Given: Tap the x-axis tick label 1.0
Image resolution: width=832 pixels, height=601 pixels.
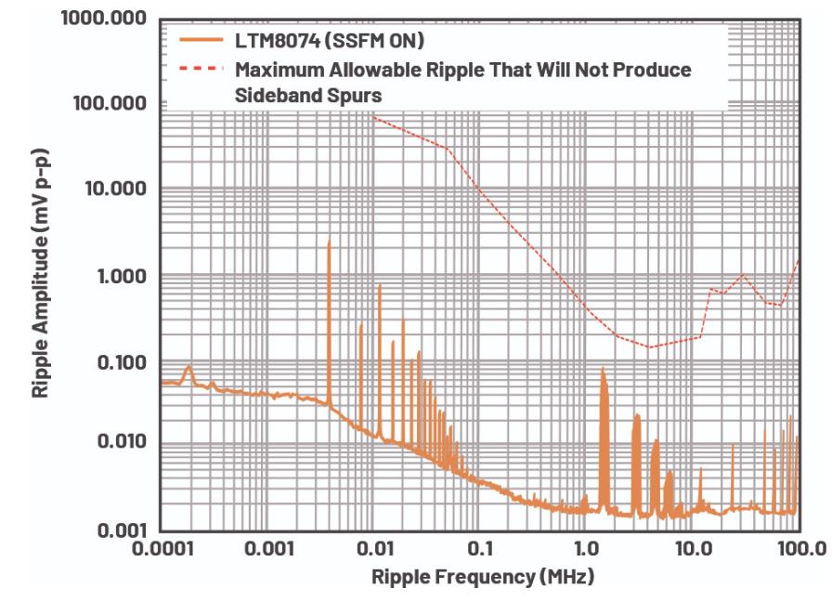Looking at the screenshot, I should point(585,545).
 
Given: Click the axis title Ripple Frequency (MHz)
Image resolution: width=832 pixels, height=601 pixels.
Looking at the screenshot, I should point(482,576).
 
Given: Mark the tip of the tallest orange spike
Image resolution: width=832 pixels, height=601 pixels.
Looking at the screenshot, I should point(329,242).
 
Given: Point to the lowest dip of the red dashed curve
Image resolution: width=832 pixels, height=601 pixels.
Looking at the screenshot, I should point(650,347).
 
